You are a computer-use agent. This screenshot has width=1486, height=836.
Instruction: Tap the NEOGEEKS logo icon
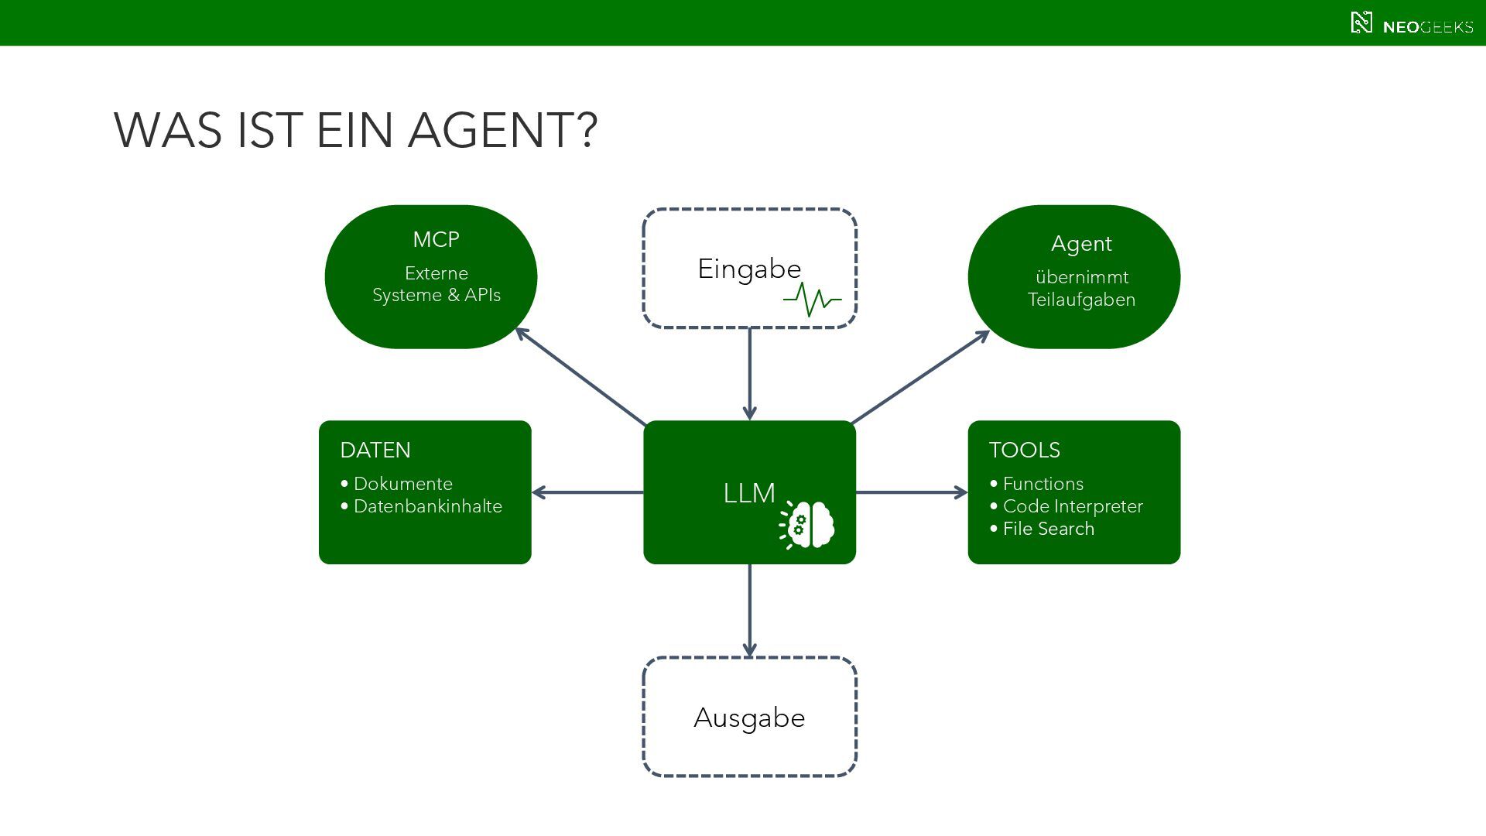point(1361,23)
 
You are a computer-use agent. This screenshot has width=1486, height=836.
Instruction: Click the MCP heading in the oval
point(436,239)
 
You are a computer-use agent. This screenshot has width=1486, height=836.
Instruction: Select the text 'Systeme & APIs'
point(437,295)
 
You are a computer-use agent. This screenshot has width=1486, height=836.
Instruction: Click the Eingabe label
point(749,269)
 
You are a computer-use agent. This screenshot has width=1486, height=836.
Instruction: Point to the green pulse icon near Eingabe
point(812,300)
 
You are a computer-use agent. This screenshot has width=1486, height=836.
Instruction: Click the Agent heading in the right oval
point(1081,244)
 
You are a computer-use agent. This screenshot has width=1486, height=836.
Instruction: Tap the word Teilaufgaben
point(1081,300)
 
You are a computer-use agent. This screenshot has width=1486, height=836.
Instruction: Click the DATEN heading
point(375,450)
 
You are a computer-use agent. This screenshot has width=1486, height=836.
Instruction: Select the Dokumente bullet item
point(396,484)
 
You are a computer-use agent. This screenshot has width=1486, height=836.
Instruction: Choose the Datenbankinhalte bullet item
point(421,506)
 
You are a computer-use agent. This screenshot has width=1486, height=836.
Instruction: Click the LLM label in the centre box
point(749,493)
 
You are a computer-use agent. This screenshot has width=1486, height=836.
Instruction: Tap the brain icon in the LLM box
point(807,525)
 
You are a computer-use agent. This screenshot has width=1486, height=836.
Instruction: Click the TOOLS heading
point(1025,450)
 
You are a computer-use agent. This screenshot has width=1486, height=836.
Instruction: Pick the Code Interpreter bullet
point(1066,506)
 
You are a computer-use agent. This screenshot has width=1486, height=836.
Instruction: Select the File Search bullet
point(1042,529)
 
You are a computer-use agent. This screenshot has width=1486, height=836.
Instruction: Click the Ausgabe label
point(749,718)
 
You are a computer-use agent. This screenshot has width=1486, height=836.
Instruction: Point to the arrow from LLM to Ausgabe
point(749,611)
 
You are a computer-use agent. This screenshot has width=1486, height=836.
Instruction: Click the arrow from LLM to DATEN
point(587,492)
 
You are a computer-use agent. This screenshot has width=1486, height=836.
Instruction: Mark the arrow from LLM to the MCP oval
point(580,376)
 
